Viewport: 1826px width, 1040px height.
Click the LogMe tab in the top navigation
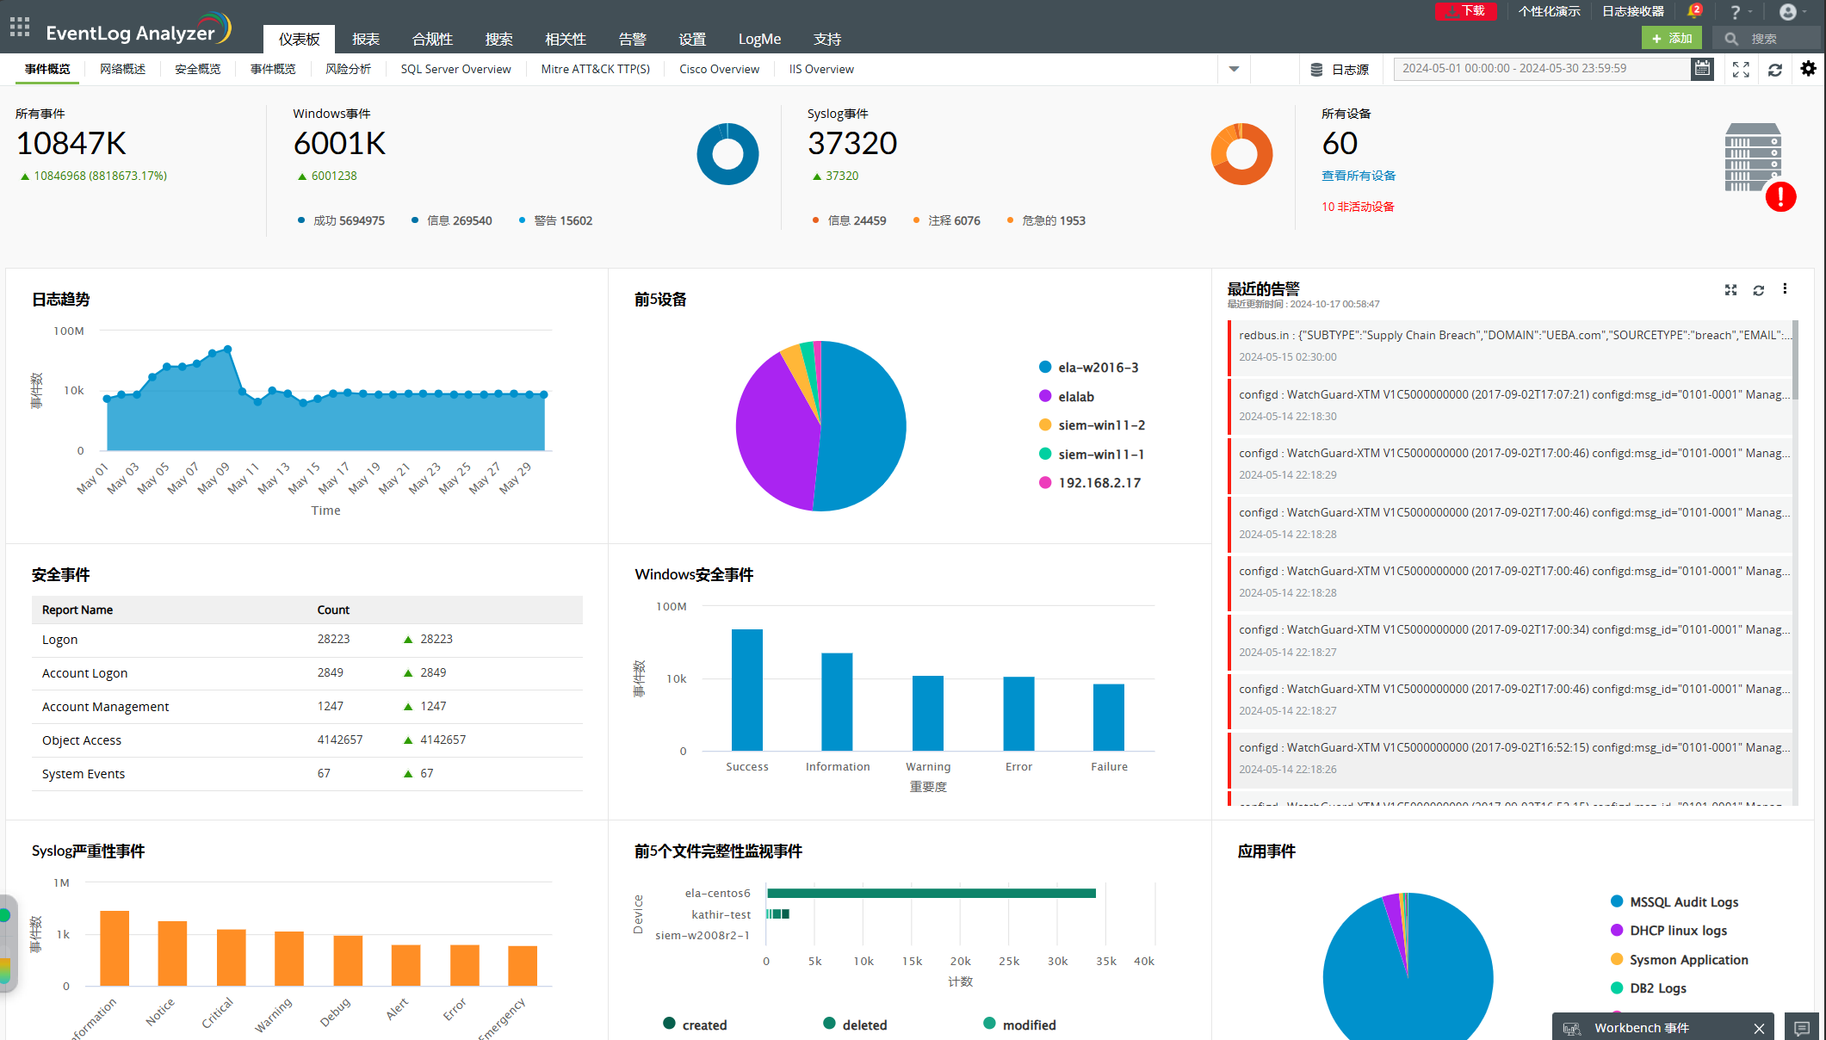click(x=759, y=39)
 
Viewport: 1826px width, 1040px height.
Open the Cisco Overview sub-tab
click(x=719, y=69)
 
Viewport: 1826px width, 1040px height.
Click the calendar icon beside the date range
click(x=1702, y=69)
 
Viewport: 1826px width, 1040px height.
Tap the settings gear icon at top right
click(x=1808, y=69)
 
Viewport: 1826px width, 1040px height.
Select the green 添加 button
click(x=1671, y=38)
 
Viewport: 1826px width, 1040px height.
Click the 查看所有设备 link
click(x=1358, y=176)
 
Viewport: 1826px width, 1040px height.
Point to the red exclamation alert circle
click(x=1780, y=196)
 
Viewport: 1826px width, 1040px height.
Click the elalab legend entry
click(x=1075, y=397)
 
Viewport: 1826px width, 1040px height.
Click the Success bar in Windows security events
click(x=746, y=689)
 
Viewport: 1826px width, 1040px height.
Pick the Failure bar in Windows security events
click(x=1108, y=716)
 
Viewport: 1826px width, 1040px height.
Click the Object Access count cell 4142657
click(x=340, y=740)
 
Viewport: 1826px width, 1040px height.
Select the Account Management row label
click(x=105, y=707)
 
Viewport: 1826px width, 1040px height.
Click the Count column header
click(x=333, y=610)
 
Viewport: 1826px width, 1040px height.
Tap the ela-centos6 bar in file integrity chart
click(x=930, y=894)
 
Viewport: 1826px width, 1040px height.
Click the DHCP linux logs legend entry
click(x=1678, y=931)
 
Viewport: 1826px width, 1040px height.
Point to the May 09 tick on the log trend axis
click(x=214, y=476)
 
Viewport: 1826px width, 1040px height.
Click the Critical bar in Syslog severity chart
click(x=231, y=956)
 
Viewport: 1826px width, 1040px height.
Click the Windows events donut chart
click(x=727, y=154)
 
